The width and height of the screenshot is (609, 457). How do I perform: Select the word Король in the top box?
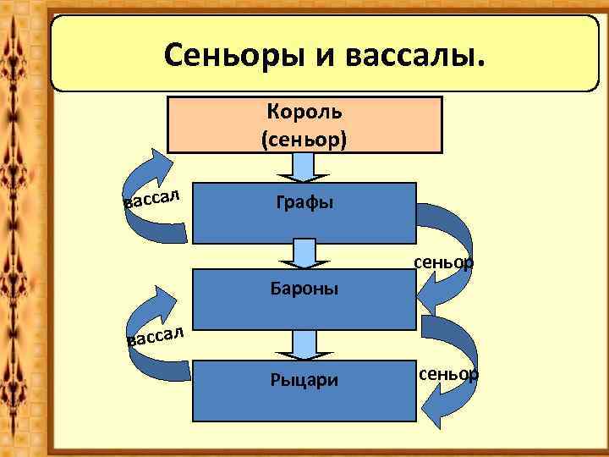pos(304,111)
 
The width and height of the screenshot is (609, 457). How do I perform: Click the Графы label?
pos(304,202)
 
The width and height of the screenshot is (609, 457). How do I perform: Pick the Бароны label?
pos(304,289)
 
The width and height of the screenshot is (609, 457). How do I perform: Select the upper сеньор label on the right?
pos(443,262)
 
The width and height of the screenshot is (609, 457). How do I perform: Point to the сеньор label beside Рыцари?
pos(448,373)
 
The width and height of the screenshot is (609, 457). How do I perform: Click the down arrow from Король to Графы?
pos(304,168)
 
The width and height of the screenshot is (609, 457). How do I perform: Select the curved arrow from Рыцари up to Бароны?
pos(152,339)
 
